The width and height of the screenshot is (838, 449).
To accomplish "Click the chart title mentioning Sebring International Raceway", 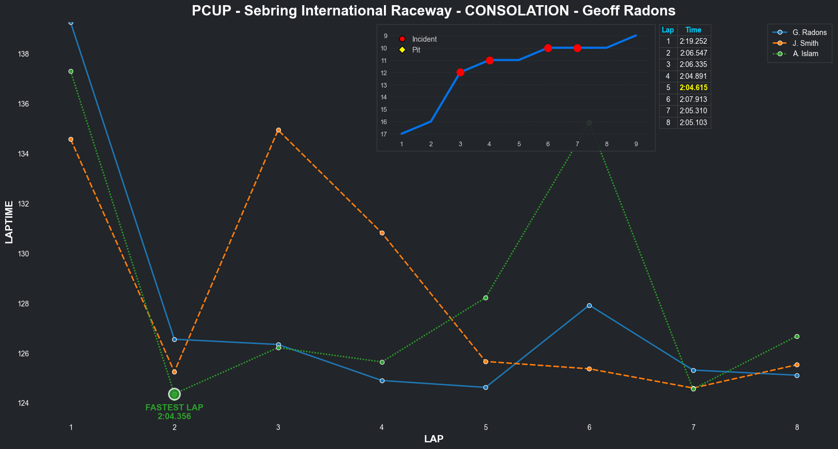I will coord(433,11).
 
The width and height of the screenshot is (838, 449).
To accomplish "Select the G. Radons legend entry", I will coord(809,32).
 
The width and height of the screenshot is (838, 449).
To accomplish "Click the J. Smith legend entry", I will coord(805,43).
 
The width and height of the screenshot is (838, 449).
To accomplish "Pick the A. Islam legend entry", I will coord(805,54).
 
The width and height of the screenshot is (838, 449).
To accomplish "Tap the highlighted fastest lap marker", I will coord(174,394).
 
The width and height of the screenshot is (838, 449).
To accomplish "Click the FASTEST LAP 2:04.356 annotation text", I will coord(174,412).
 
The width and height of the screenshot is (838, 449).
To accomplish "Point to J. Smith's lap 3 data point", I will coord(278,130).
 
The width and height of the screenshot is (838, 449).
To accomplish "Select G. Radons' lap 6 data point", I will coord(589,305).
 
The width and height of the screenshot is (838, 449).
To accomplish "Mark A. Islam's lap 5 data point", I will coord(485,298).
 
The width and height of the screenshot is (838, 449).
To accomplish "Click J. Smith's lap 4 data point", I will coord(382,233).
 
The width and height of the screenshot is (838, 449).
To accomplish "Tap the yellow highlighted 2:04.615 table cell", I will coord(693,88).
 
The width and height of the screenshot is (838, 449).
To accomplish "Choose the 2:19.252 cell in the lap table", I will coord(693,41).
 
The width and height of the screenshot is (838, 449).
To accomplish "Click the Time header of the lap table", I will coord(693,30).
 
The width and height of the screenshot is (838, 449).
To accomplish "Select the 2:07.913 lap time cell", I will coord(693,99).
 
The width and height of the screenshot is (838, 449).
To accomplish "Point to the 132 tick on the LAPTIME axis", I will coord(24,204).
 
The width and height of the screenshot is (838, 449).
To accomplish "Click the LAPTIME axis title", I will coord(9,222).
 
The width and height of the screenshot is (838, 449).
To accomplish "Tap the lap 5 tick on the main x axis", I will coord(485,427).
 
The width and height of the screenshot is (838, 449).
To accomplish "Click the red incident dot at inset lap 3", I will coord(460,72).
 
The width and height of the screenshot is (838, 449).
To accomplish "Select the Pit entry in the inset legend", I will coord(416,50).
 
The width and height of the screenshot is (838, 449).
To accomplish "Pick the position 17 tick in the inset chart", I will coord(384,134).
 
